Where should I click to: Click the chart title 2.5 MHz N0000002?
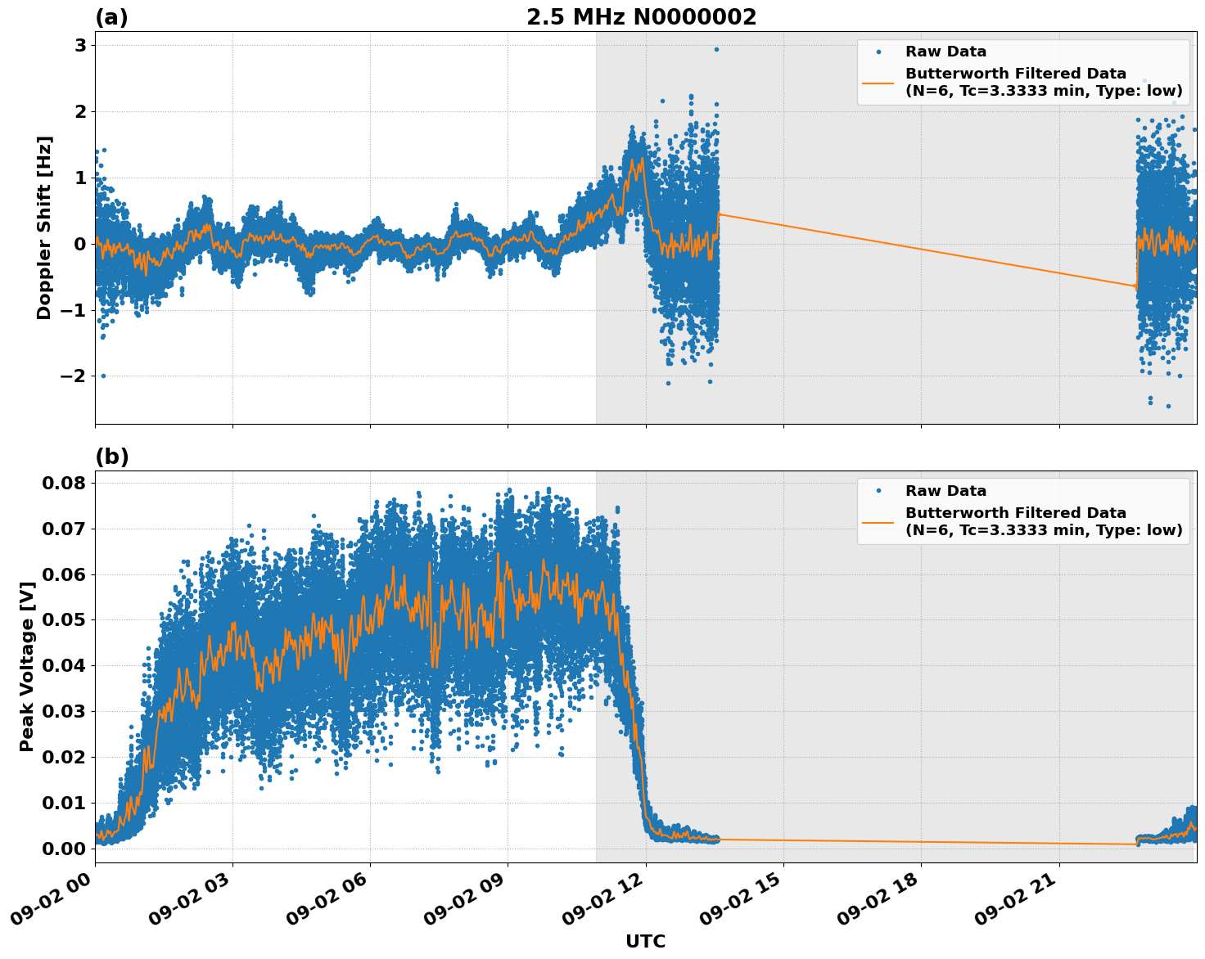point(641,17)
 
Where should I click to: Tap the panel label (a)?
point(111,17)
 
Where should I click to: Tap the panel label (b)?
point(111,457)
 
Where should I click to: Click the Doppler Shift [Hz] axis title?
point(44,227)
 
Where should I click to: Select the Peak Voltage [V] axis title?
point(27,666)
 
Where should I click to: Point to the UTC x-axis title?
point(645,941)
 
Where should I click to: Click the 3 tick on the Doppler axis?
point(80,45)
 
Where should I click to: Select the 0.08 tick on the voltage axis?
point(64,483)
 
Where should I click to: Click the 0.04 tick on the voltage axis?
point(64,665)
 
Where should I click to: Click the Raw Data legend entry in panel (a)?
point(945,52)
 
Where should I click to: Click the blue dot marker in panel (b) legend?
point(878,491)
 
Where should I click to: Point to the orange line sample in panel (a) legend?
point(878,82)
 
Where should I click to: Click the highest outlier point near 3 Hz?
point(716,49)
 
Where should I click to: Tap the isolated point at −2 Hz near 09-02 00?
point(103,376)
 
